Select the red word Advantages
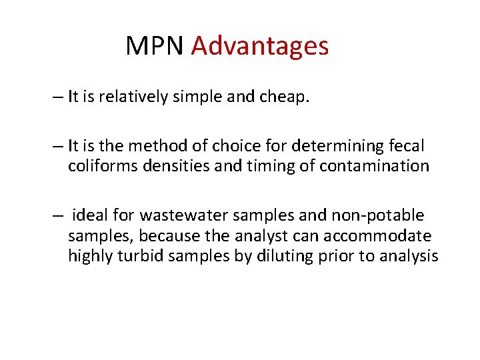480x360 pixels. tap(259, 46)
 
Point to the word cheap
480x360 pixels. tap(287, 97)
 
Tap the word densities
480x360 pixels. tap(164, 165)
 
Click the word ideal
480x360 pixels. tap(89, 215)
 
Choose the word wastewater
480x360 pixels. tap(161, 216)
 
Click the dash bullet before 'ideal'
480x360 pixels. tap(59, 216)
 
